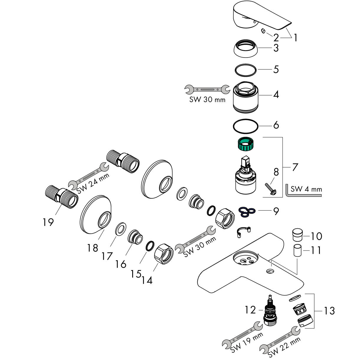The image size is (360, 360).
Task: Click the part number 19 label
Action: point(48,222)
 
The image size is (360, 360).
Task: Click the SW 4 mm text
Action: point(306,189)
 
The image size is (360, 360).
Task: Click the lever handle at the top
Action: point(254,16)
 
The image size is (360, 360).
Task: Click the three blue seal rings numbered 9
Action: point(247,211)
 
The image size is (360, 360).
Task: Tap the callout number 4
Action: point(276,95)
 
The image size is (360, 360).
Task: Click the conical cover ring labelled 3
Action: point(246,48)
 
